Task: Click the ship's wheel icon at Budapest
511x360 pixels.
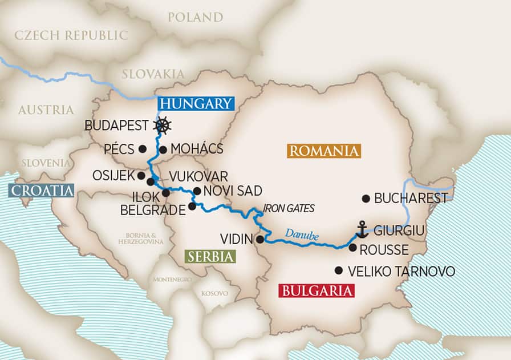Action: tap(164, 125)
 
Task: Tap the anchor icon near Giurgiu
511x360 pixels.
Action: tap(362, 229)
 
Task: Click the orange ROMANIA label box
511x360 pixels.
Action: tap(324, 151)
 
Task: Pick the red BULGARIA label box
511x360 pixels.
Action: tap(316, 290)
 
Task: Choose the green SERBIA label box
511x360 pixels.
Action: tap(210, 256)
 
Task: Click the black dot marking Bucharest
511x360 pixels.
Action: tap(366, 199)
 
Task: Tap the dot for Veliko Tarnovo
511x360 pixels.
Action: tap(339, 270)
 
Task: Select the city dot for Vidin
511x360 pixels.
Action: tap(260, 239)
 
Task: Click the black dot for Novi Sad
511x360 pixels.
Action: tap(197, 191)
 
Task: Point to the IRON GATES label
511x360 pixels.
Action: tap(289, 209)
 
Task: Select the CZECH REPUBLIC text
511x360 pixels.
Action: tap(71, 35)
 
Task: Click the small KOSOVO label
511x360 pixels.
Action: tap(214, 293)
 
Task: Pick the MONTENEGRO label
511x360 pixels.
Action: tap(171, 280)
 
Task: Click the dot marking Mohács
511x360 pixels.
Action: tap(163, 150)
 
